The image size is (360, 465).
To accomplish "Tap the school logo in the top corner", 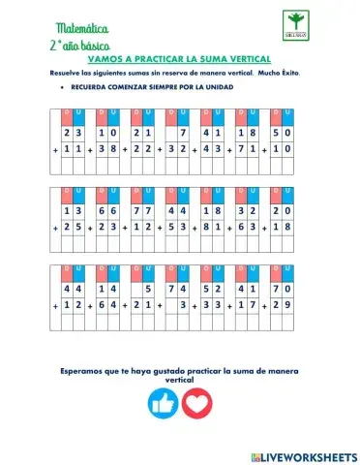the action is click(298, 23).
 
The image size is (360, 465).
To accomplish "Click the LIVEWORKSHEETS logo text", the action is click(304, 453).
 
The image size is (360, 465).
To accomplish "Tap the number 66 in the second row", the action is click(107, 210).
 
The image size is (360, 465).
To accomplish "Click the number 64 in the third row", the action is click(107, 307).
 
